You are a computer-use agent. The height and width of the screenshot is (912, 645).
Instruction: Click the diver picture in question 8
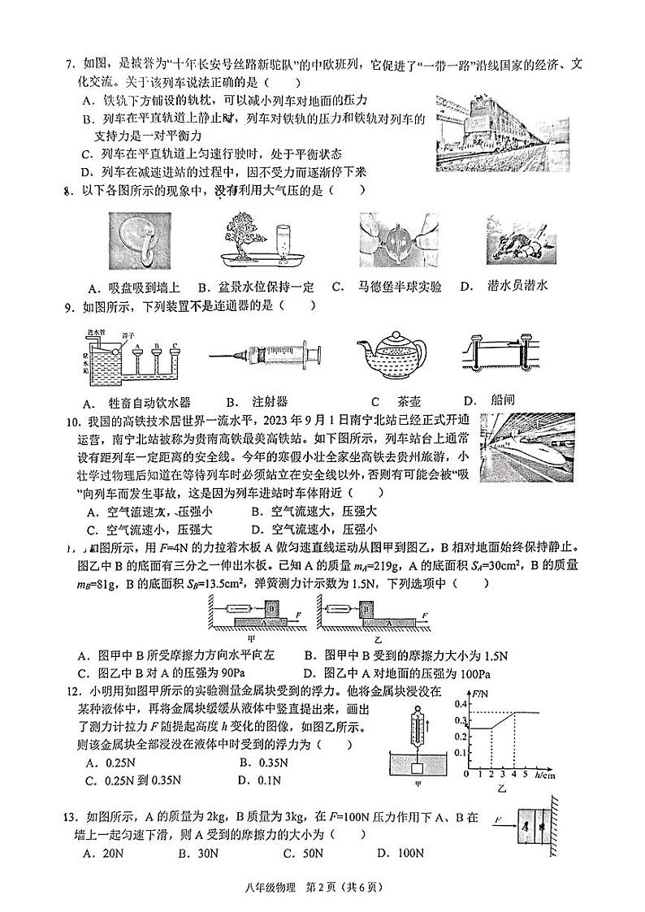pyautogui.click(x=522, y=240)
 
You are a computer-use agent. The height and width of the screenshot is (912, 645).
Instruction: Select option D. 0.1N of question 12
pyautogui.click(x=259, y=780)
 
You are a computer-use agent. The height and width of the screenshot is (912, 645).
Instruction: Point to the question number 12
pyautogui.click(x=74, y=690)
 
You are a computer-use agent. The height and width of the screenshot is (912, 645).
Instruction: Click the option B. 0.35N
pyautogui.click(x=263, y=762)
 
